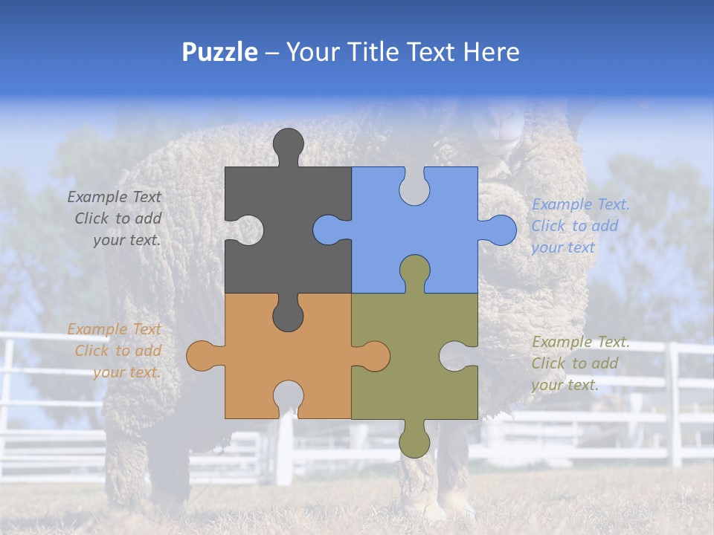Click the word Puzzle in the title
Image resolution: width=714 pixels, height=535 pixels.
(219, 52)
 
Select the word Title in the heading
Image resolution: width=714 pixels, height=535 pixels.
(372, 52)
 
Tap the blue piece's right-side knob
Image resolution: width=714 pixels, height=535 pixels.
(501, 230)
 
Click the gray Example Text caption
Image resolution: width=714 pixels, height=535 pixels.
(115, 218)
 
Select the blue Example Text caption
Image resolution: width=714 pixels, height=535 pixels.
(579, 226)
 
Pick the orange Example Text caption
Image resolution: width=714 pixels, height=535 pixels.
(115, 351)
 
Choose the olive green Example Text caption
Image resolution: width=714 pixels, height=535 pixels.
(579, 363)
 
